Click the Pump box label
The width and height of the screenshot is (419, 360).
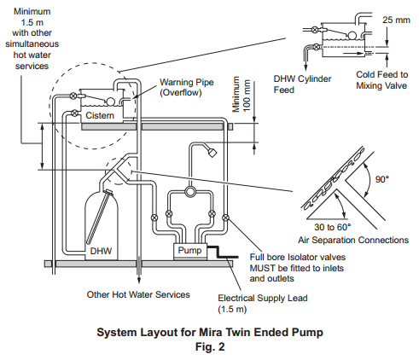click(189, 250)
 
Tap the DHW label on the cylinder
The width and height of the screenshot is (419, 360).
click(101, 251)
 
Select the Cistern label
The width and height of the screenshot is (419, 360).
click(100, 115)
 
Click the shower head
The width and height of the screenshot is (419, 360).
click(212, 152)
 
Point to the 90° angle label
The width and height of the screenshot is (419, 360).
click(381, 179)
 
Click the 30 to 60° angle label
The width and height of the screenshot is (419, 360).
click(332, 227)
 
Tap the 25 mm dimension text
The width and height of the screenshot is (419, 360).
click(396, 20)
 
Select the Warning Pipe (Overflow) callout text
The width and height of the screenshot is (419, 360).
click(187, 87)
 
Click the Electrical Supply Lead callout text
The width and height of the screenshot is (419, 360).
click(263, 304)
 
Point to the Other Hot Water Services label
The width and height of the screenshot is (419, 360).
click(138, 294)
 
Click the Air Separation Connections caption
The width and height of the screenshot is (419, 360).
click(353, 240)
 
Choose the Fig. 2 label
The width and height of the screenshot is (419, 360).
click(210, 346)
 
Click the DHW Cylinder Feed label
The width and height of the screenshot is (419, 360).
click(302, 84)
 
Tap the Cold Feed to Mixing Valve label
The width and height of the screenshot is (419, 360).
click(381, 80)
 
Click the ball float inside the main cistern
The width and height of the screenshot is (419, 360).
click(110, 102)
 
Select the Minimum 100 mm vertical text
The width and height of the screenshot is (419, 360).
click(242, 94)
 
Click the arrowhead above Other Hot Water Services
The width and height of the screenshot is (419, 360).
click(139, 280)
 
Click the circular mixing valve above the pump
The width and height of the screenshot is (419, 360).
click(189, 192)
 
